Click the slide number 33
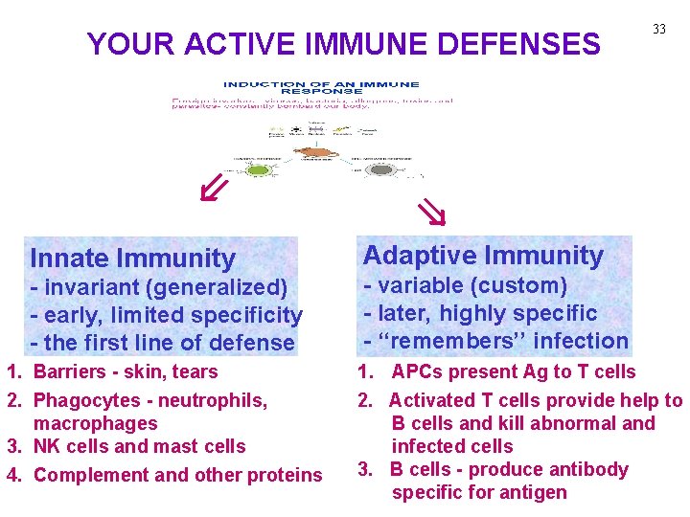(659, 30)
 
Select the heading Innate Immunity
(132, 258)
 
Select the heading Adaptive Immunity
(483, 255)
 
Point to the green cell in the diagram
(258, 170)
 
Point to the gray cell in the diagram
(381, 170)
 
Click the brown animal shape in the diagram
(319, 151)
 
